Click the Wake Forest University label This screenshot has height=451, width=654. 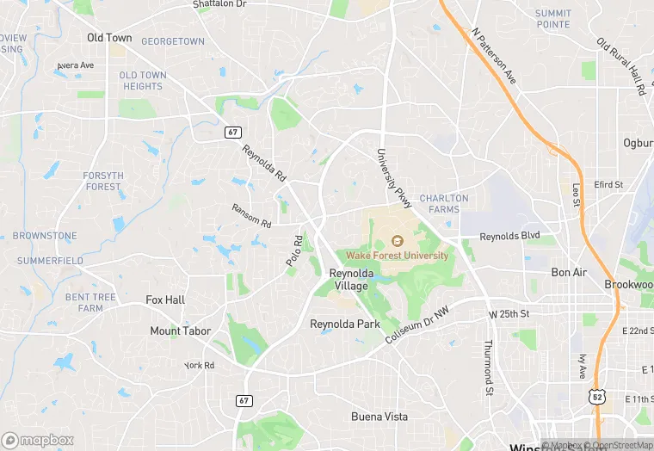coord(398,256)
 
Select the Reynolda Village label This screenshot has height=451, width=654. coord(352,279)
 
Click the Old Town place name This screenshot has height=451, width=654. coord(109,38)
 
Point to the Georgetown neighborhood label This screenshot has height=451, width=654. coord(173,41)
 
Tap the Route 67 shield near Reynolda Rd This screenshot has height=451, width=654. coord(232,132)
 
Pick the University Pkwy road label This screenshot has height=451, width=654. coord(393,177)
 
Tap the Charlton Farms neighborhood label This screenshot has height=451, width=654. coord(444,204)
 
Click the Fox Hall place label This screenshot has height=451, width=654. coord(165,300)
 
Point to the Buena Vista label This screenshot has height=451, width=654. coord(379,417)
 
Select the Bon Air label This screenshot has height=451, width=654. coord(569,272)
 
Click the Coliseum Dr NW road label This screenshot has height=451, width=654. coord(417,328)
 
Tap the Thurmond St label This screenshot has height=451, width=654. coord(487,361)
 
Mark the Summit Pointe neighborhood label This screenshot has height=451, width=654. coord(552,18)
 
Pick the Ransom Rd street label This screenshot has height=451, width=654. coord(251,215)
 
